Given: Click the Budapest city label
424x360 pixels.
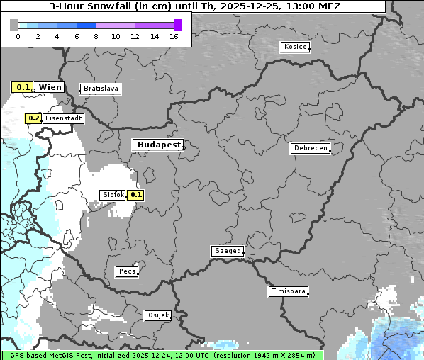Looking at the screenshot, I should pos(158,145).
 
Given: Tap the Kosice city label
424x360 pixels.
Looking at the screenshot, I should pos(294,47).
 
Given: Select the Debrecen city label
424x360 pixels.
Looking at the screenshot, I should pos(310,148).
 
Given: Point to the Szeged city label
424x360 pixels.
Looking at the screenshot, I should pos(228,251).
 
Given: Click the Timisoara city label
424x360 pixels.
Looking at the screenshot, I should pos(288,291).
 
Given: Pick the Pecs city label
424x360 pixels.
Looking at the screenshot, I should pos(126,271).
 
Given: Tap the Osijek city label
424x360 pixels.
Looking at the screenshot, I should pos(157,315).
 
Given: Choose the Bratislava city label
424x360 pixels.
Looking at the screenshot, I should pos(100,89).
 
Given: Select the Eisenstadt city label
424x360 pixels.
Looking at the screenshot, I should pos(63,118).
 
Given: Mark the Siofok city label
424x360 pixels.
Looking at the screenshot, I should pos(113,194).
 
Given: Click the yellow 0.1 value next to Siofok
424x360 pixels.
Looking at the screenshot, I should pos(136,194).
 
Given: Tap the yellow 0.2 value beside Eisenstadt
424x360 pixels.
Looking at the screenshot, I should pos(33,118).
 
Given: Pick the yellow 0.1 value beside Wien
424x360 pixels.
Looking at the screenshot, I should pos(23,87).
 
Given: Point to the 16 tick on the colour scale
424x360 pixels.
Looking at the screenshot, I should pos(174,35).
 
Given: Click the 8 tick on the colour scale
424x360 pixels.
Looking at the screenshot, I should pos(96,35).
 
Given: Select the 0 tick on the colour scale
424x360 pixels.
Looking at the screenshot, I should pos(18,35).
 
